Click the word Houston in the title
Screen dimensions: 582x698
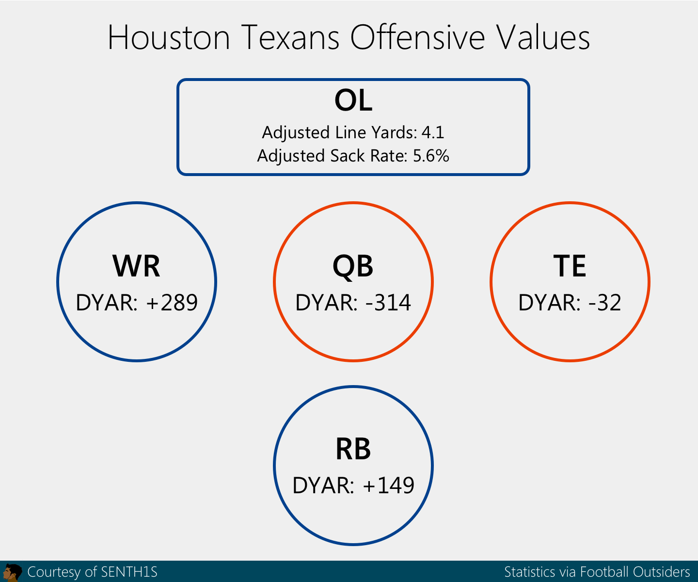(x=169, y=38)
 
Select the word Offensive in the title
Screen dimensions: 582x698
(x=417, y=38)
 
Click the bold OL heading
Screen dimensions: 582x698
(x=353, y=101)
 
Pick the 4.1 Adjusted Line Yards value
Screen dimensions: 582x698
(x=433, y=132)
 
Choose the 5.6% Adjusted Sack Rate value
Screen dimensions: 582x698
(x=431, y=156)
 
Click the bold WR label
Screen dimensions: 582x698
(x=136, y=266)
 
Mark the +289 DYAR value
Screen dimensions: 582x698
(x=172, y=303)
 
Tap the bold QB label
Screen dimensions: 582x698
(x=353, y=266)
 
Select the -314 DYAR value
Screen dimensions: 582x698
(x=388, y=303)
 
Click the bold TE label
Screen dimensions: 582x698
(x=570, y=266)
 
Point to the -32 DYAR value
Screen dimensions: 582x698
(x=604, y=303)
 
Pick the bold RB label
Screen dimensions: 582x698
(x=353, y=449)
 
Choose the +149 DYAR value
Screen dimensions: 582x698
(x=388, y=485)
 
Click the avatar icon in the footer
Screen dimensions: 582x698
(x=12, y=572)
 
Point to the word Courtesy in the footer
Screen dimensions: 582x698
(x=54, y=572)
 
